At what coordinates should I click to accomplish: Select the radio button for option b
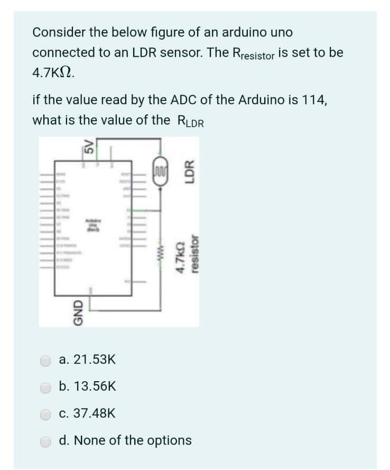[47, 388]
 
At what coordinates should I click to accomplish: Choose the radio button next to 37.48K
[47, 414]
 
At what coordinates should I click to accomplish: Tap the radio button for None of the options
[47, 440]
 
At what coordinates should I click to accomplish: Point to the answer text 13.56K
[87, 387]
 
